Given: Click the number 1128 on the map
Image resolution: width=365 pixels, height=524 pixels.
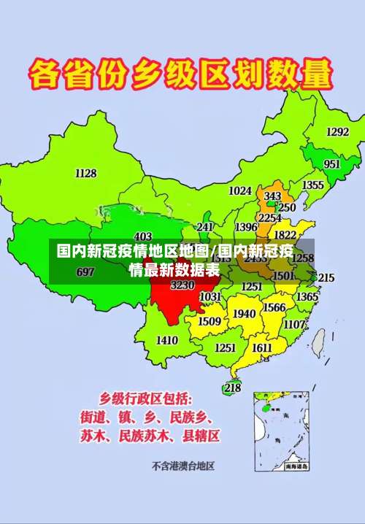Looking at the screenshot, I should click(x=86, y=173).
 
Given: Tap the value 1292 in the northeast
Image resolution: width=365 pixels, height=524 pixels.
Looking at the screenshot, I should click(x=337, y=132).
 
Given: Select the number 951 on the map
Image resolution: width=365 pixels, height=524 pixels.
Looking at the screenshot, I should click(x=332, y=164).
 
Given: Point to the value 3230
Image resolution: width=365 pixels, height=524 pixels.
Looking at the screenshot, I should click(x=182, y=285).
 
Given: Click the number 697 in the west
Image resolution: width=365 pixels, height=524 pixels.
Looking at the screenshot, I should click(x=85, y=272).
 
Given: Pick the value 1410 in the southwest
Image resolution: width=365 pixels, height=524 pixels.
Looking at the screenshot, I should click(x=167, y=340).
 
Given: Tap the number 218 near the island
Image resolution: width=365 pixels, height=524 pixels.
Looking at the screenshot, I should click(x=232, y=388).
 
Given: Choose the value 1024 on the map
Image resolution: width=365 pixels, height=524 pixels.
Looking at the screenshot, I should click(x=240, y=190).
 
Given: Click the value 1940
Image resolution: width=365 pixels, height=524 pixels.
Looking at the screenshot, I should click(x=245, y=314).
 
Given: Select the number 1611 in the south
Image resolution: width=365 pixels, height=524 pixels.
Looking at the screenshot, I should click(x=262, y=347).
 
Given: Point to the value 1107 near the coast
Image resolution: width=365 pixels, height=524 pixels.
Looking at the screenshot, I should click(x=295, y=324).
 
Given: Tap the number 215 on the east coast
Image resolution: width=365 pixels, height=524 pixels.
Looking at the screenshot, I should click(x=326, y=278).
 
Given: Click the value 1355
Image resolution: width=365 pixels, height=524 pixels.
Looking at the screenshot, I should click(x=313, y=185).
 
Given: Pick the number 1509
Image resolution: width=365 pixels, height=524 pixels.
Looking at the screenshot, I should click(x=210, y=321).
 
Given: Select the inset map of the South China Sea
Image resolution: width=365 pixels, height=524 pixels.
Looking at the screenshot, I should click(x=282, y=431).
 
